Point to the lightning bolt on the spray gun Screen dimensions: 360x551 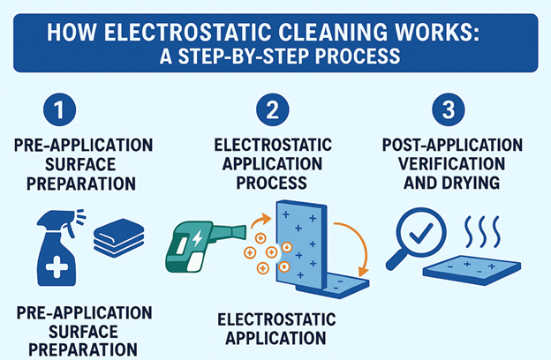tap(195, 238)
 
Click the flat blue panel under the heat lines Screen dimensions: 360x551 tap(477, 270)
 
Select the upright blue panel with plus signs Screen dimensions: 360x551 tap(300, 244)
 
